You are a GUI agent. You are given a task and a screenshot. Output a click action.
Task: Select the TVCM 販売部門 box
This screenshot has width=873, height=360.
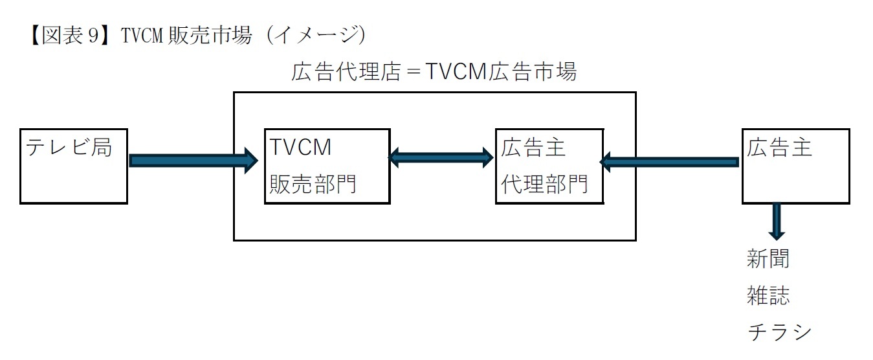point(327,166)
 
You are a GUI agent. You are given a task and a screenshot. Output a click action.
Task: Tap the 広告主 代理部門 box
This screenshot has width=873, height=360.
point(549,166)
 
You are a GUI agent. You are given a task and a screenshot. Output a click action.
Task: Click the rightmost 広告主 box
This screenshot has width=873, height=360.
point(795,166)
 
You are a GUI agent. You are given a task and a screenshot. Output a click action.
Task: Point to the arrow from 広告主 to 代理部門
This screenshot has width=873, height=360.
point(670,161)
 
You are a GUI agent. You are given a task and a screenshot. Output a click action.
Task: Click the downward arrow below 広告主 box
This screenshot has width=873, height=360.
point(777,222)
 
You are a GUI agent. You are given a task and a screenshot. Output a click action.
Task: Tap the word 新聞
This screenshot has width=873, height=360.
point(768,260)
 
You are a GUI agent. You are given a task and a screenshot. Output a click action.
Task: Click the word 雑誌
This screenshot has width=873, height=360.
point(768,297)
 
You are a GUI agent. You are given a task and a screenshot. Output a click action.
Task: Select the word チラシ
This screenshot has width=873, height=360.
point(779,332)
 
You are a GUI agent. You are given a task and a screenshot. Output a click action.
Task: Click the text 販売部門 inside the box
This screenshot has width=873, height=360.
point(313,185)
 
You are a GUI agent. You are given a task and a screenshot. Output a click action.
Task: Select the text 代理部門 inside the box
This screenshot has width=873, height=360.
point(544,185)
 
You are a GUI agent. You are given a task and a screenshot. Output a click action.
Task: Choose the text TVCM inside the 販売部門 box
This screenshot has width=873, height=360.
point(301,148)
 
